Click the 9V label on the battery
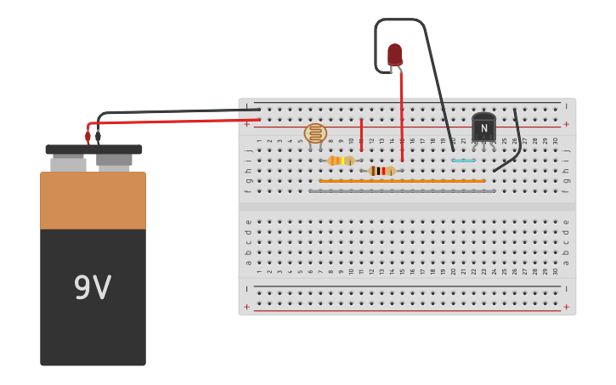tap(92, 288)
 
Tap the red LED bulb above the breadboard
tap(394, 54)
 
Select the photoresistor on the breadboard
tap(315, 133)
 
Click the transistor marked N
tap(483, 128)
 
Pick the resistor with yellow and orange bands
tap(341, 161)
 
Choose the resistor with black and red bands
tap(381, 171)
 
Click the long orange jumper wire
tap(402, 181)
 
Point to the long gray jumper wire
tap(402, 191)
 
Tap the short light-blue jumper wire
tap(463, 161)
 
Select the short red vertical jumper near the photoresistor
tap(361, 134)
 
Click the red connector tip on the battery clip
tap(88, 137)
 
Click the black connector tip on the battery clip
tap(98, 136)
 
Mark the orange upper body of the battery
tap(93, 201)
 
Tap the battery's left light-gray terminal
tap(68, 162)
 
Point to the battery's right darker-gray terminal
tap(114, 160)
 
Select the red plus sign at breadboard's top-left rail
tap(247, 124)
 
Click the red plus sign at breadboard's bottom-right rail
tap(566, 307)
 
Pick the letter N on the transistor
tap(483, 129)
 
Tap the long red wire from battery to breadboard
tap(170, 121)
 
